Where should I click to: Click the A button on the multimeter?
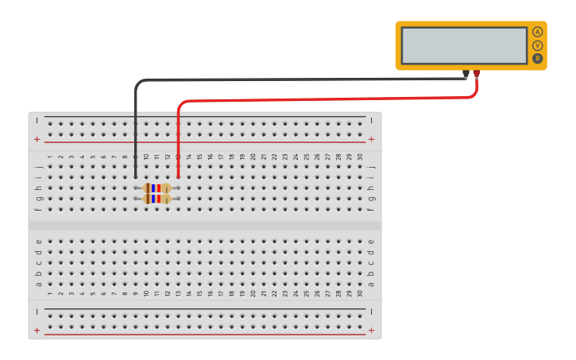537,32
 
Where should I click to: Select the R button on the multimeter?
537,58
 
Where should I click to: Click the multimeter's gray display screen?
464,45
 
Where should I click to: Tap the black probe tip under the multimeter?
466,75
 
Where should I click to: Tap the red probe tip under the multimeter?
477,75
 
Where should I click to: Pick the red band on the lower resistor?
158,199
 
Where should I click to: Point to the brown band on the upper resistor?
148,188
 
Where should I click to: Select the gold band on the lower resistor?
166,199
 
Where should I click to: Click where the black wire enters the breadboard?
135,177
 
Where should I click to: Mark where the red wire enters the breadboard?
178,177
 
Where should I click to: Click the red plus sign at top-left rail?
37,139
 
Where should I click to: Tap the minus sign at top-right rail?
371,121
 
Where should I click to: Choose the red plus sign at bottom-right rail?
371,330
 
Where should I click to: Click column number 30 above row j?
360,157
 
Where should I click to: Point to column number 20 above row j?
253,157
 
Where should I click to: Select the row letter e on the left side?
38,241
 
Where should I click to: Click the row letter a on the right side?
371,284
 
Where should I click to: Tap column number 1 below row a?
49,294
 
